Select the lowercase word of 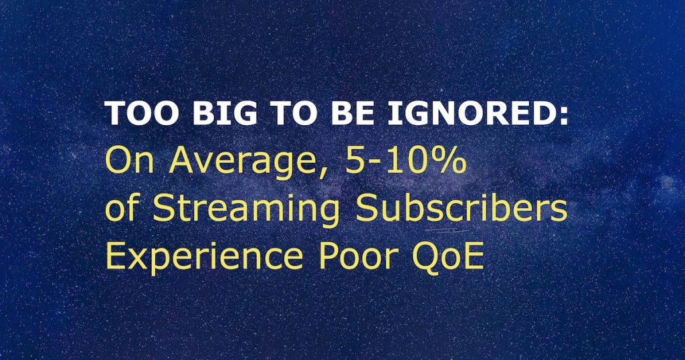pos(123,209)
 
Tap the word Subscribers pos(462,209)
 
